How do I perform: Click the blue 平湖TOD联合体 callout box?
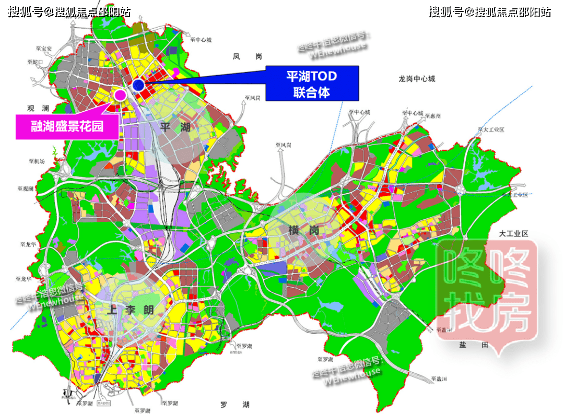tap(312, 84)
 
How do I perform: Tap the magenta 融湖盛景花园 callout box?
tap(67, 126)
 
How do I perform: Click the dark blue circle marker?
tap(138, 85)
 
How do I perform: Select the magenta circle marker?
tap(121, 95)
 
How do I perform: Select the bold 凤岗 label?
tap(247, 57)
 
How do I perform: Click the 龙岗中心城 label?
tap(416, 79)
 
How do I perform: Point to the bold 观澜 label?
tap(38, 109)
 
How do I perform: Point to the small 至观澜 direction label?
tap(25, 188)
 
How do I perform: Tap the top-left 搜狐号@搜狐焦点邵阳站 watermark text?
tap(69, 11)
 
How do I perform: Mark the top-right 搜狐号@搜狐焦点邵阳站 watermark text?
tap(489, 11)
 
